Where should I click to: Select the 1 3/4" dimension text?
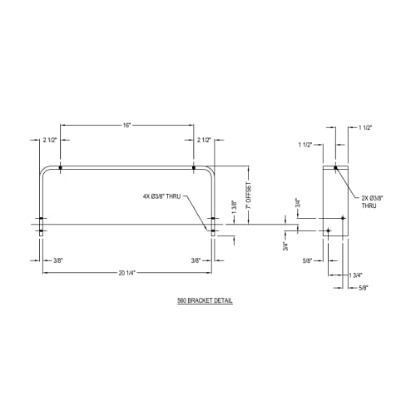click(x=356, y=274)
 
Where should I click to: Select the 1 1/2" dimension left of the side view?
click(x=305, y=145)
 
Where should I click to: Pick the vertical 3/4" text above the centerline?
click(x=297, y=202)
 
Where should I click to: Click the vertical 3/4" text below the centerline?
click(x=285, y=245)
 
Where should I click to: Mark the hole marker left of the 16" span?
click(x=62, y=169)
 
